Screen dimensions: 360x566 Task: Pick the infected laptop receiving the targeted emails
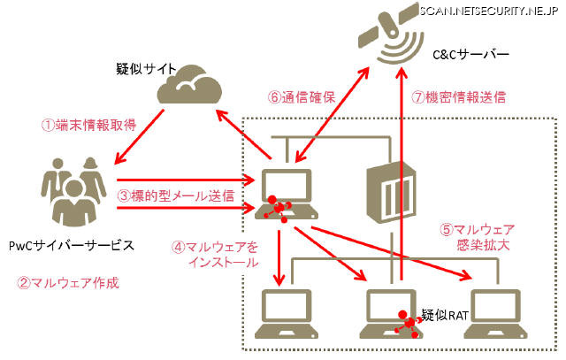(282, 194)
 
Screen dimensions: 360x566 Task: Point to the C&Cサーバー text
(473, 55)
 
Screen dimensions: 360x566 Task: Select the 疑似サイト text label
(147, 68)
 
